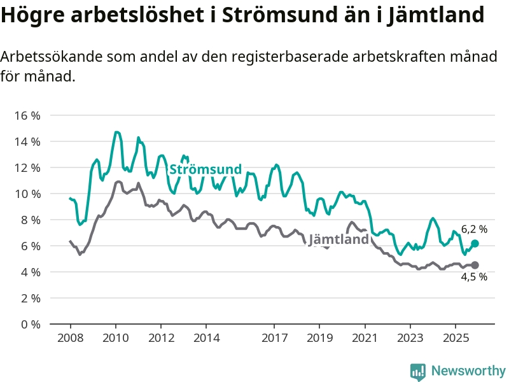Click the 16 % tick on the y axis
tap(26, 116)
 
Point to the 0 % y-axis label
tap(29, 324)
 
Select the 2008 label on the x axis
tap(70, 337)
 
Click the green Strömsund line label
tap(205, 169)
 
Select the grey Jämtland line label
tap(338, 239)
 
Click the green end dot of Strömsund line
tap(475, 244)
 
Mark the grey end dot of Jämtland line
tap(475, 265)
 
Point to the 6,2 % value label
tap(474, 229)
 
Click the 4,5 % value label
tap(474, 276)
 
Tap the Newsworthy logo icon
tap(418, 371)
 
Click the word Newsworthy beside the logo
tap(468, 371)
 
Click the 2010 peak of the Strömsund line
tap(116, 132)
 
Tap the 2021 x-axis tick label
tap(365, 337)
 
